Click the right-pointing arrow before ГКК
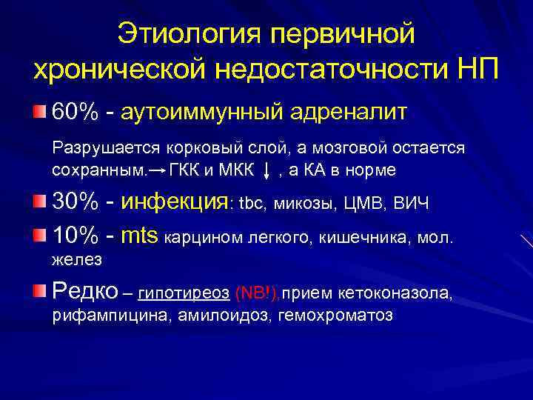[x=156, y=170]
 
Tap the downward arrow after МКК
[x=266, y=170]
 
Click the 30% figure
[x=77, y=202]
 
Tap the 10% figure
[x=77, y=236]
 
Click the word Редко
[x=84, y=292]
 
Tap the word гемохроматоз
[x=335, y=316]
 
